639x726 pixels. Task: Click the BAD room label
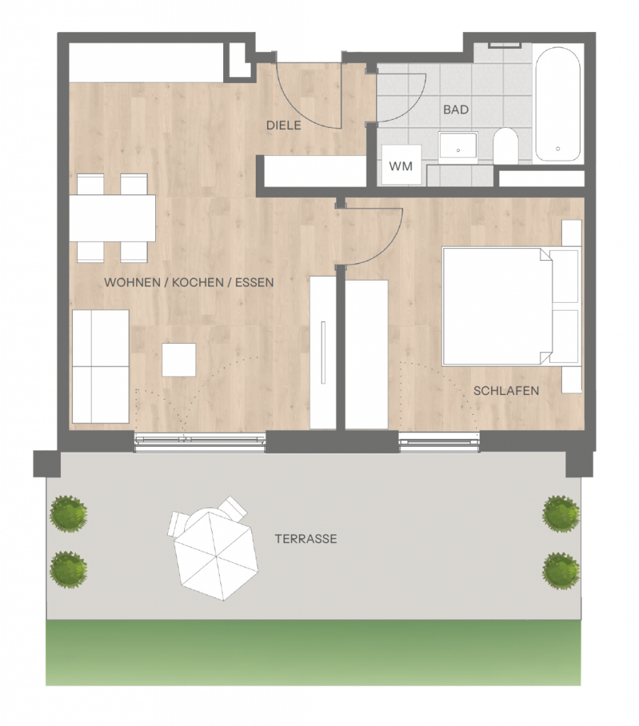(456, 110)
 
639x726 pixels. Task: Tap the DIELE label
(283, 125)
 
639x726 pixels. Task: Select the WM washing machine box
(402, 164)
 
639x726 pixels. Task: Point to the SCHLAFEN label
(507, 391)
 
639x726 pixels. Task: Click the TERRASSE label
(306, 539)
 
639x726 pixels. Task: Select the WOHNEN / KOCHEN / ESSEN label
(188, 282)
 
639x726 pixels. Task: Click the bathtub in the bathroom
(558, 104)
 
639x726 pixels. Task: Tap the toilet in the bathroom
(505, 145)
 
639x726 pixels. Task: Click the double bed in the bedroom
(510, 306)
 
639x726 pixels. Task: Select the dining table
(113, 218)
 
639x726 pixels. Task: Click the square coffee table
(179, 359)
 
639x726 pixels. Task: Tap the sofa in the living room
(101, 367)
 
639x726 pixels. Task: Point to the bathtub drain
(558, 149)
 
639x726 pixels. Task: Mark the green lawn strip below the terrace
(313, 652)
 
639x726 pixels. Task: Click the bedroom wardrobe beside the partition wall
(366, 354)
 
